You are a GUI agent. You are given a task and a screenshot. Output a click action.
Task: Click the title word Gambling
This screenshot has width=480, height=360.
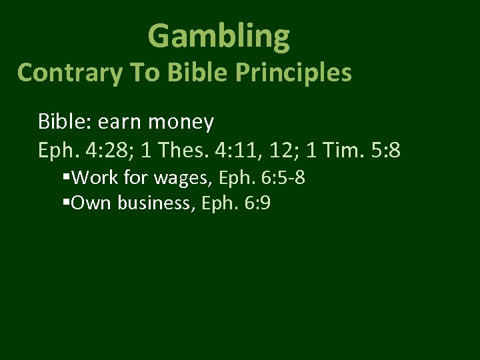pyautogui.click(x=219, y=37)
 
